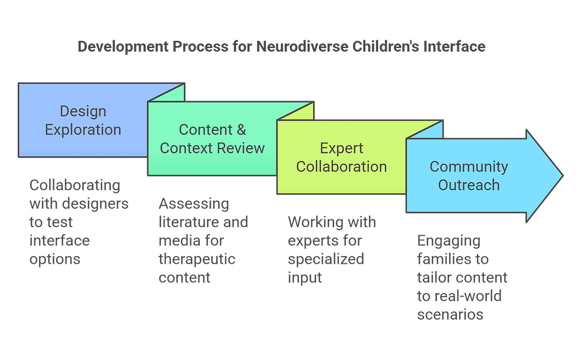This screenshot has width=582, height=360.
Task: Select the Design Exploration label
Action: click(83, 120)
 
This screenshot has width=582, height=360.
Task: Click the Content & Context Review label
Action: click(213, 139)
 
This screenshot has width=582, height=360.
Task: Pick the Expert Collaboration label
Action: click(341, 157)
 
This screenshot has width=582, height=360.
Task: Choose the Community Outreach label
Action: click(469, 176)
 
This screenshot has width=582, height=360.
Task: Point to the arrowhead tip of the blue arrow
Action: click(563, 176)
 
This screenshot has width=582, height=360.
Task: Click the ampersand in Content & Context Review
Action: click(241, 130)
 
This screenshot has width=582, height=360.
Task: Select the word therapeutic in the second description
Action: click(197, 259)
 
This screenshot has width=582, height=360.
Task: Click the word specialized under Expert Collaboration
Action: click(326, 259)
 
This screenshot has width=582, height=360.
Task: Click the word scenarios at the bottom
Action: click(450, 314)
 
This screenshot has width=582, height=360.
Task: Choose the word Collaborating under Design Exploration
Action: click(75, 186)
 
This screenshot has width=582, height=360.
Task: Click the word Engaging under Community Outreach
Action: click(449, 241)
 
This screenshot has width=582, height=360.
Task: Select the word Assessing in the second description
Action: click(194, 204)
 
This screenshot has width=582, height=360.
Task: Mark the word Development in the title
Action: click(123, 47)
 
